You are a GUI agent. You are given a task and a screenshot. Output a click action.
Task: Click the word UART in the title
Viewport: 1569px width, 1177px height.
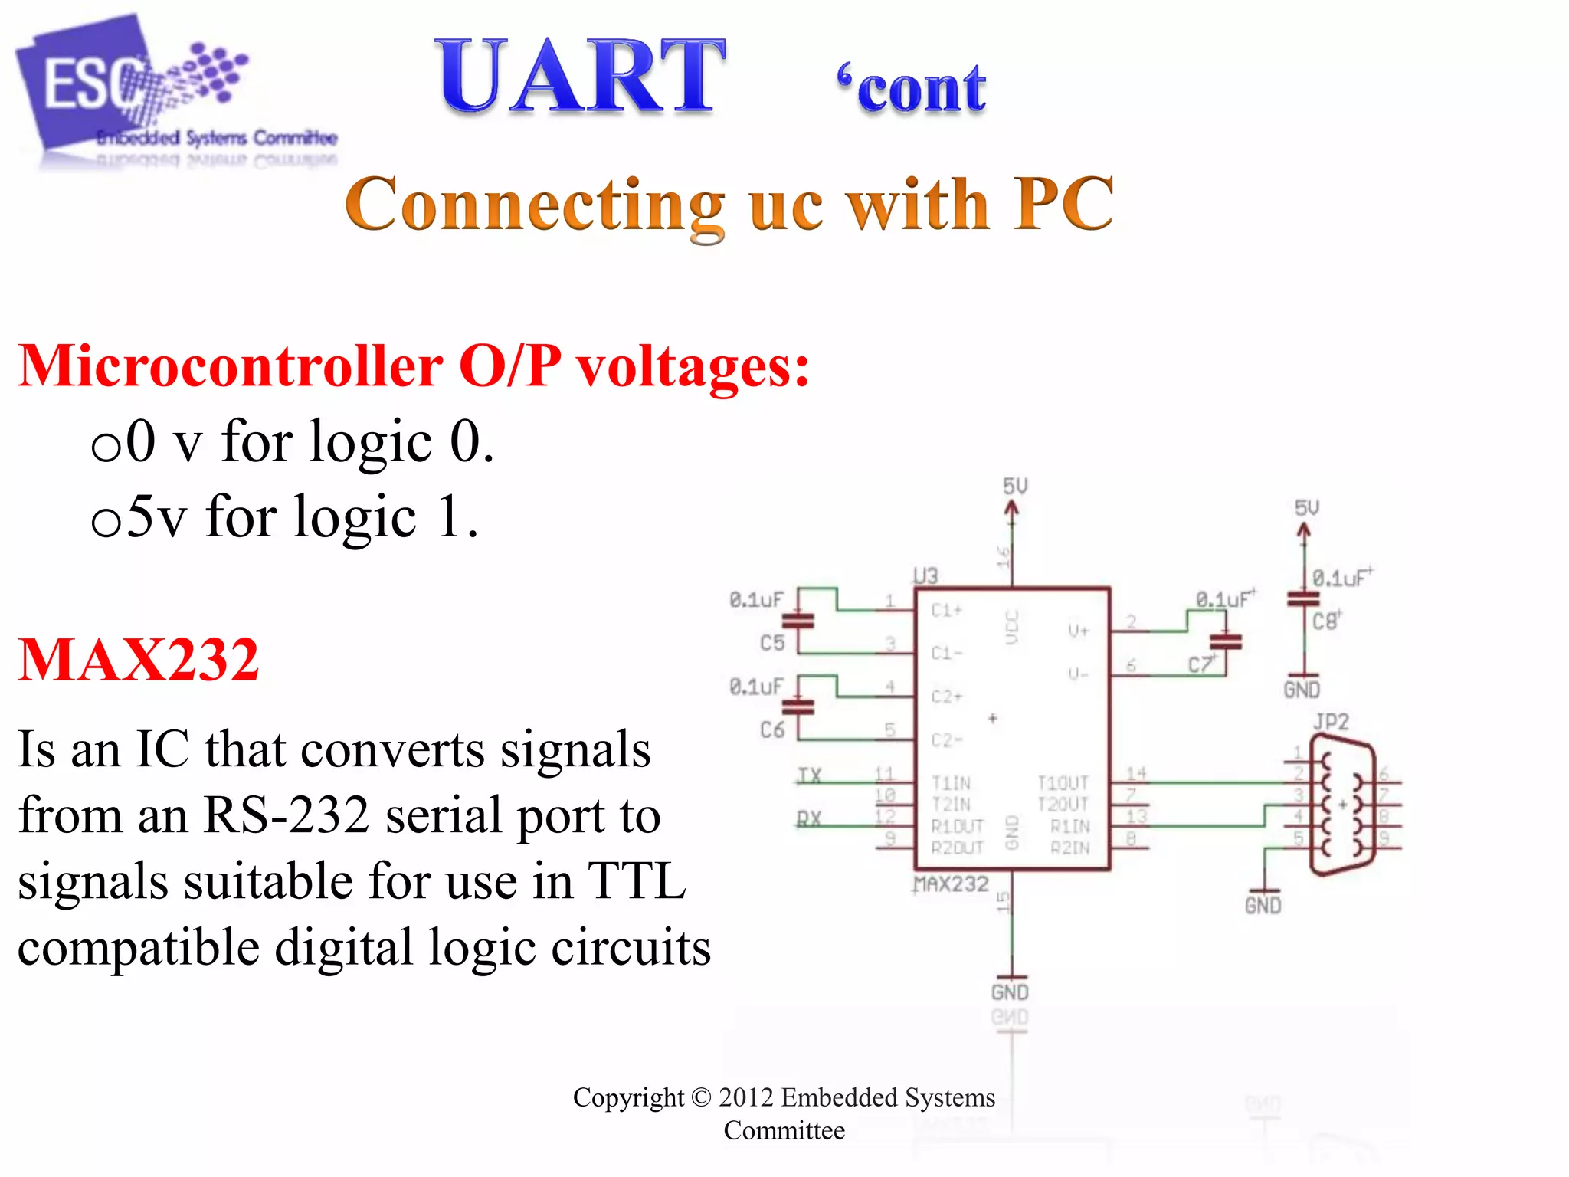coord(579,77)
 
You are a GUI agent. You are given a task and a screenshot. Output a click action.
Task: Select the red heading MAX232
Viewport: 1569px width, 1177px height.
coord(139,660)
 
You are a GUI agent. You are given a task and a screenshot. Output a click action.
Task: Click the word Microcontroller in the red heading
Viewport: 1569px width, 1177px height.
coord(230,366)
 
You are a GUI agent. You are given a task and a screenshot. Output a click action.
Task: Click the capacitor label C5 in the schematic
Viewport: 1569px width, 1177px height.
coord(772,642)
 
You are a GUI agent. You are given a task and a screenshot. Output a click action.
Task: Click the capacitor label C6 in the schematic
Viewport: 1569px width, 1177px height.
coord(772,729)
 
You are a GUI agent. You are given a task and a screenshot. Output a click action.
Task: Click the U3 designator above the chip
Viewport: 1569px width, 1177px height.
coord(925,575)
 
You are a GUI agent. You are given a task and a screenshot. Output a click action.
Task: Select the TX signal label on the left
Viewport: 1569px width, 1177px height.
coord(809,775)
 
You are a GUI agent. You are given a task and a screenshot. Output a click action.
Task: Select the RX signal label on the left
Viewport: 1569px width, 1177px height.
coord(809,818)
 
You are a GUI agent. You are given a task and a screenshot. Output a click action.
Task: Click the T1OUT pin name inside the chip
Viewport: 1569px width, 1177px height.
coord(1063,782)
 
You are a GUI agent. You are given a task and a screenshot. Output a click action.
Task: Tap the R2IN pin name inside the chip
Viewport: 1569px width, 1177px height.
coord(1069,847)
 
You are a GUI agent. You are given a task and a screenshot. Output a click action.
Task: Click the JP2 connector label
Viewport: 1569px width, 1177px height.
coord(1331,721)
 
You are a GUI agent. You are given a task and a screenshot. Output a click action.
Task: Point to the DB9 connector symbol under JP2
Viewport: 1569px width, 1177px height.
coord(1342,805)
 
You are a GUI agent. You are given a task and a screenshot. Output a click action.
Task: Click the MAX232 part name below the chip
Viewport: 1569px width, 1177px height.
coord(952,884)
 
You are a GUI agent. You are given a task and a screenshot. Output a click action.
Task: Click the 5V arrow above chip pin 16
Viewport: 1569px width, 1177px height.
coord(1012,510)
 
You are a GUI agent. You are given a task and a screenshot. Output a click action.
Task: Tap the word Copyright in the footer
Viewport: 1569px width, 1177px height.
coord(628,1097)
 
